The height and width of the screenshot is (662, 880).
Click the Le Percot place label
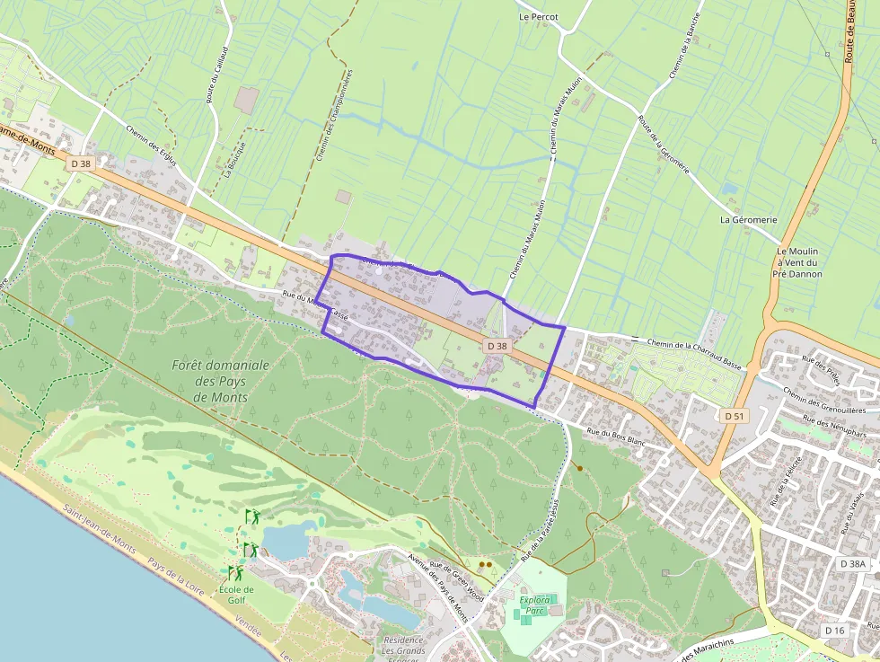539,17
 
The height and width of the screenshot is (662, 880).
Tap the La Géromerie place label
748,219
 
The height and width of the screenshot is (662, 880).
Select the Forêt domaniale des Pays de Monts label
220,381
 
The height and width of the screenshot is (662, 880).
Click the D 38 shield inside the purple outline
497,345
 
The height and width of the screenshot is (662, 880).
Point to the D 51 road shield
735,416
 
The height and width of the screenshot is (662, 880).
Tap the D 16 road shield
834,631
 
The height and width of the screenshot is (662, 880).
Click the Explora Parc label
533,605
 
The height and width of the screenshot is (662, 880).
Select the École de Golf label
236,595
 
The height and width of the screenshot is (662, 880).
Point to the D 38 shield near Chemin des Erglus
80,163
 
